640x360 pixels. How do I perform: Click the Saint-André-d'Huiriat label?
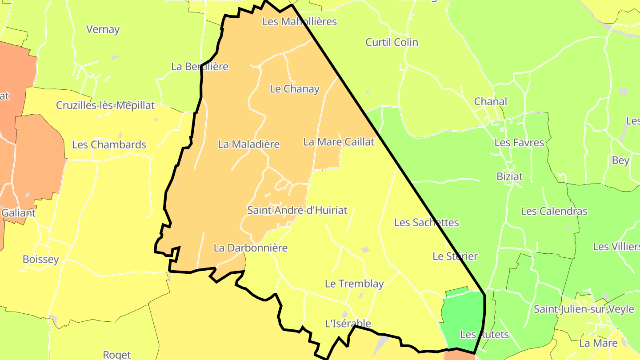tap(297, 210)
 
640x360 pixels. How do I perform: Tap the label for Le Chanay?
tap(295, 89)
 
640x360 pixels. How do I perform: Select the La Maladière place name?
tap(248, 144)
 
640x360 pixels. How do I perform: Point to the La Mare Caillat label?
tap(339, 142)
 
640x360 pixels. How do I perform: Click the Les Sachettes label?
tap(426, 222)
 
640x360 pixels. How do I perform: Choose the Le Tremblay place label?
tap(354, 284)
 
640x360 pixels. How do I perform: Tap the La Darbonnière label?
tap(251, 248)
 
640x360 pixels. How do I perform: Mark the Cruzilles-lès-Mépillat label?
tap(105, 105)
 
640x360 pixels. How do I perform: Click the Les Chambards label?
tap(109, 145)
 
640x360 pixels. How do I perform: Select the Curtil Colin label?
tap(392, 42)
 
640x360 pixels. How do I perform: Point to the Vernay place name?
tap(103, 29)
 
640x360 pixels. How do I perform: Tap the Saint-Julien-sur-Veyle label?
tap(584, 309)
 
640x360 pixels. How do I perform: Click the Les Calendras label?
tap(554, 211)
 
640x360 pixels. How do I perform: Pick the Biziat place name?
tap(509, 176)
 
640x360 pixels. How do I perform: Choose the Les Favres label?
tap(519, 143)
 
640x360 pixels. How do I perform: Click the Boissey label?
tap(40, 259)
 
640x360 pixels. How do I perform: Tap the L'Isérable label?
tap(348, 324)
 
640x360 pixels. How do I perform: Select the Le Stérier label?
tap(455, 256)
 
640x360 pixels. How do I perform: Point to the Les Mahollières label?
tap(299, 21)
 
